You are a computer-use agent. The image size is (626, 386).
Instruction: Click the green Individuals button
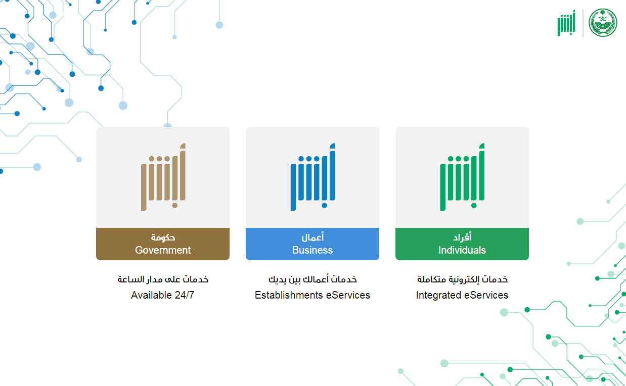coord(462,244)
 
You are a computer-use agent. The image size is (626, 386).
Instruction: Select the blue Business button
coord(312,244)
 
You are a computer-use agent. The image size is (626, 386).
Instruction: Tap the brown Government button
coord(163,244)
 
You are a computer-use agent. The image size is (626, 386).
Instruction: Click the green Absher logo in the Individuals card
coord(462,177)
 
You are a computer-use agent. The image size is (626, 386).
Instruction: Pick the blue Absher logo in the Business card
coord(312,177)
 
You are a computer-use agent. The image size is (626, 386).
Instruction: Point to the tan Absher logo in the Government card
coord(163,177)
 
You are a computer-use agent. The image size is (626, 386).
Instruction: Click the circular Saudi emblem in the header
coord(603,23)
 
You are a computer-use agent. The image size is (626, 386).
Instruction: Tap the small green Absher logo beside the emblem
coord(566,23)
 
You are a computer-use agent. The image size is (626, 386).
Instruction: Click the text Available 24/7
coord(163,295)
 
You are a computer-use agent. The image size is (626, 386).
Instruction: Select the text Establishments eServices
coord(312,295)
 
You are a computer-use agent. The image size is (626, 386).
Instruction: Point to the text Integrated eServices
coord(462,295)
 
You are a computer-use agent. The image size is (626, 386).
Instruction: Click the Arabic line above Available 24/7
coord(163,279)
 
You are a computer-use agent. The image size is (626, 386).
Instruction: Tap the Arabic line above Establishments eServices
coord(312,279)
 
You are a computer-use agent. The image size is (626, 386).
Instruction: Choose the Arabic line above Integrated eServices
coord(462,279)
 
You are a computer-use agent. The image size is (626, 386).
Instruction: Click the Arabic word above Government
coord(163,237)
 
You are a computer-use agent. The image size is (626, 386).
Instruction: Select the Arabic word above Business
coord(312,237)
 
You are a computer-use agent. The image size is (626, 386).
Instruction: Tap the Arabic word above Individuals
coord(462,237)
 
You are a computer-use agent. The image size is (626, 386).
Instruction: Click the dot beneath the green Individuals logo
coord(474,206)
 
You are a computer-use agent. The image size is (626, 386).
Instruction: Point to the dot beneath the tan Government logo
coord(174,206)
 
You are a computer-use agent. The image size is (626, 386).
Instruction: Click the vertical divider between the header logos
coord(583,23)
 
